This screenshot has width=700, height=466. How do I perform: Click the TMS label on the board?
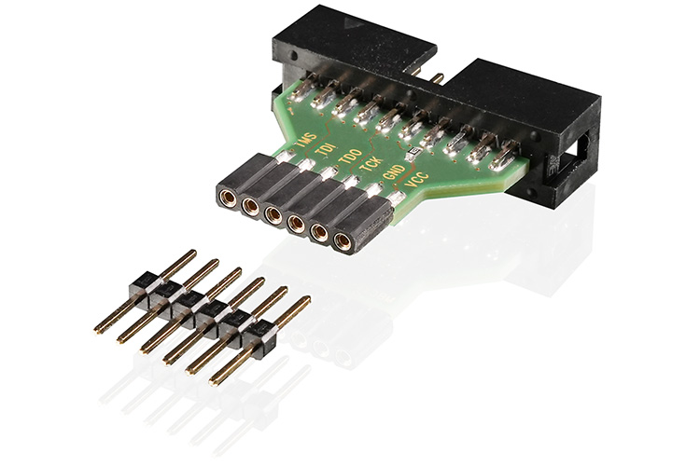click(x=303, y=141)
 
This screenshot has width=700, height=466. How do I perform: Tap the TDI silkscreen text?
click(x=326, y=150)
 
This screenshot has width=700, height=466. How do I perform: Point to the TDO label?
click(x=349, y=159)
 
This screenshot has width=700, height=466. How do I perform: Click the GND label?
click(x=393, y=180)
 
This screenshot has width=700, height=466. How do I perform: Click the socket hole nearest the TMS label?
click(x=227, y=197)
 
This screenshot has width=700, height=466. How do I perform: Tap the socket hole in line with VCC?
click(x=343, y=242)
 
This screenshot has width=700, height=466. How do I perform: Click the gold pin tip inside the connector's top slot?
click(x=435, y=73)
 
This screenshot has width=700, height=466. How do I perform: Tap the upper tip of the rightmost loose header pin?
click(x=305, y=302)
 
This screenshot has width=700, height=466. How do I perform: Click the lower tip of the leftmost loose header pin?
click(x=98, y=330)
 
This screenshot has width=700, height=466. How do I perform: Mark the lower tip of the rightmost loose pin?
click(x=214, y=380)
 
